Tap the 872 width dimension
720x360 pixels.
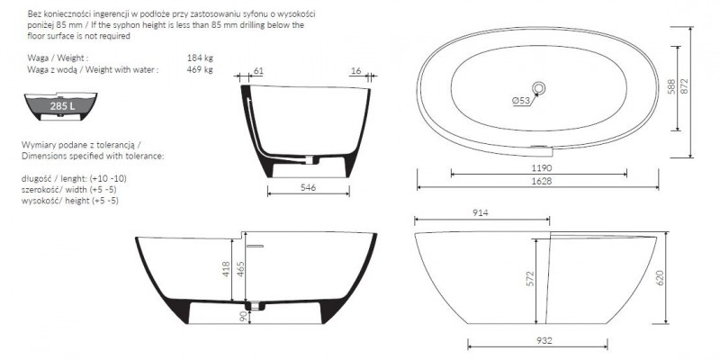click(x=685, y=85)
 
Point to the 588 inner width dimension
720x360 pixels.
click(x=671, y=87)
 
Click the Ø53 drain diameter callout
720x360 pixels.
click(x=521, y=101)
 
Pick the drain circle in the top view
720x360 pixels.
click(x=538, y=87)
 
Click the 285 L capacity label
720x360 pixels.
click(x=62, y=106)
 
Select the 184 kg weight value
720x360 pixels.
click(x=200, y=58)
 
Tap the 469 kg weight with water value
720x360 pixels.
click(x=200, y=70)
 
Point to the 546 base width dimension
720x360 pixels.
click(x=308, y=187)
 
